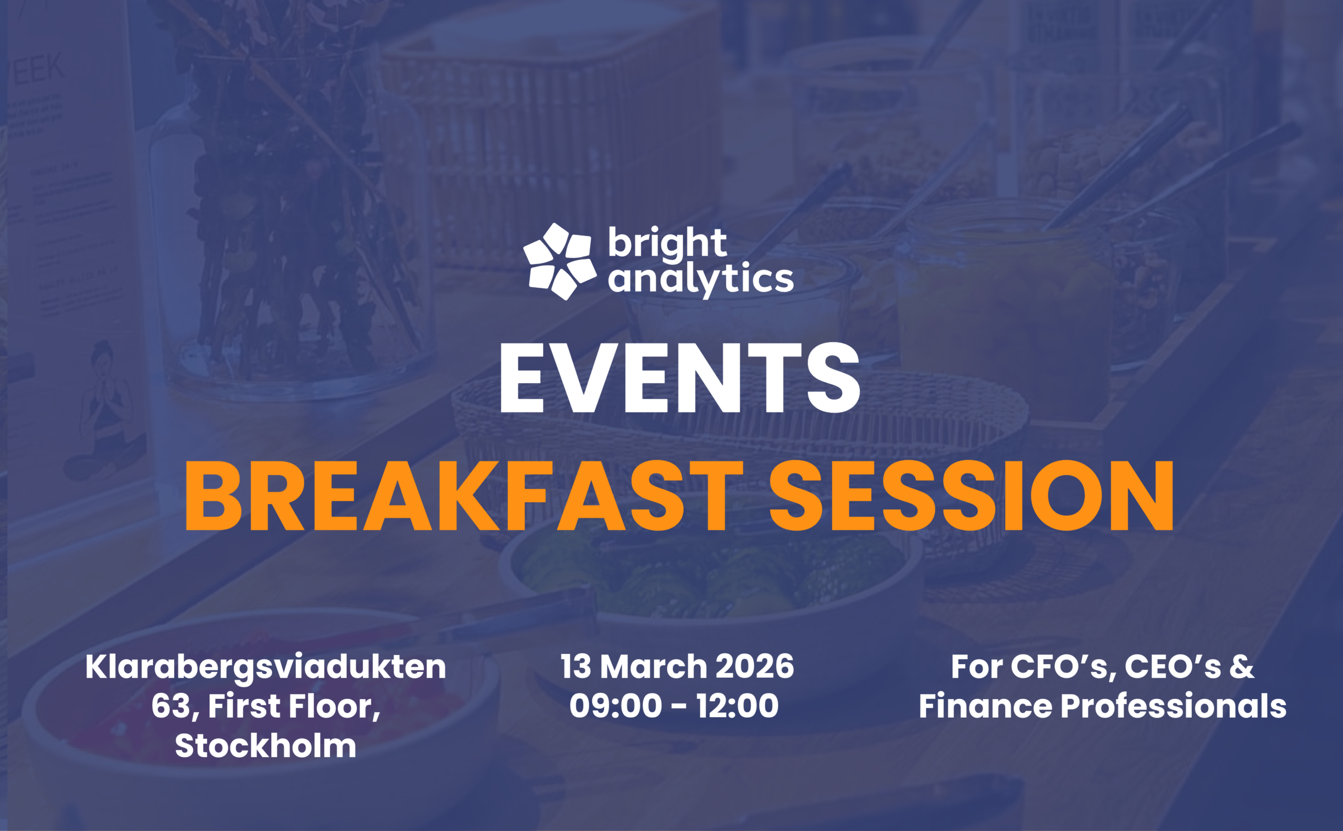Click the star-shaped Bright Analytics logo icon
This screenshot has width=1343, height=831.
pyautogui.click(x=560, y=261)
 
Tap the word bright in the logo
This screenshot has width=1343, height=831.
pyautogui.click(x=667, y=243)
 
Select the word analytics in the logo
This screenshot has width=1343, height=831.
pyautogui.click(x=701, y=280)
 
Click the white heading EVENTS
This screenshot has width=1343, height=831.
pyautogui.click(x=679, y=377)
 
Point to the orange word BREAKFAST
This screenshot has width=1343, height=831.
pyautogui.click(x=464, y=495)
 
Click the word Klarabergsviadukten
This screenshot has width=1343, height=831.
pyautogui.click(x=265, y=667)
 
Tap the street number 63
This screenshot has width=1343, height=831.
pyautogui.click(x=171, y=706)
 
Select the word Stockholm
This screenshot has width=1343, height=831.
pyautogui.click(x=266, y=746)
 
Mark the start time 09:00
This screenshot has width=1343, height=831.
pyautogui.click(x=616, y=706)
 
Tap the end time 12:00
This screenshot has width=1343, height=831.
pyautogui.click(x=737, y=706)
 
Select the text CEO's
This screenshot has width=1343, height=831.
pyautogui.click(x=1173, y=666)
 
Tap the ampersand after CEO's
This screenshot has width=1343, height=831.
pyautogui.click(x=1242, y=666)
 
